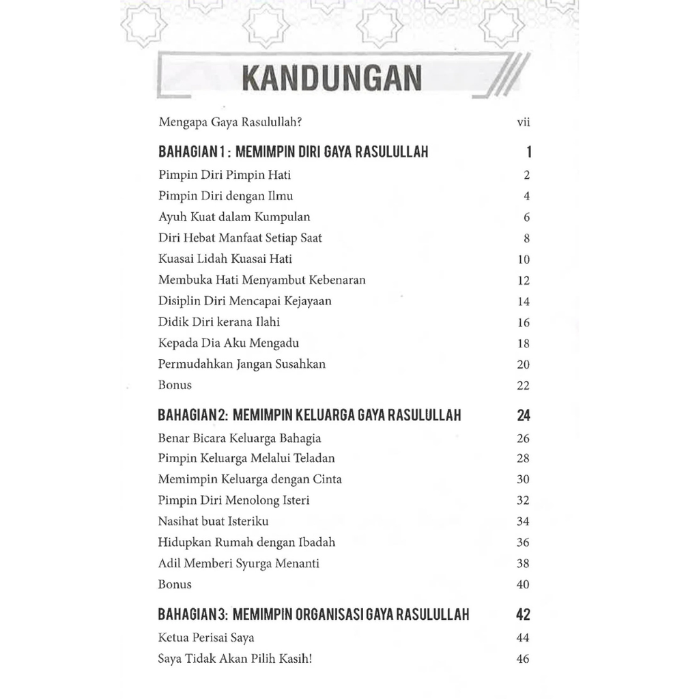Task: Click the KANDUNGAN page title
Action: coord(331,79)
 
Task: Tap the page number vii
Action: coord(524,123)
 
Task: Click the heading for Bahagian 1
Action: coord(294,152)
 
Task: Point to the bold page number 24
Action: coord(523,415)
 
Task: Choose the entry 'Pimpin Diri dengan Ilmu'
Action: coord(225,196)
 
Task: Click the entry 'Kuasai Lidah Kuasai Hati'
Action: coord(225,259)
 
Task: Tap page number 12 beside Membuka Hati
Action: coord(524,281)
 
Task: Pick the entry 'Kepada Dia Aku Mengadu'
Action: coord(229,343)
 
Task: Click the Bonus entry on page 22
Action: coord(175,385)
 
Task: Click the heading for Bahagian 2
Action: coord(309,415)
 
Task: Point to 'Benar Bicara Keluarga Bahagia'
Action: coord(240,438)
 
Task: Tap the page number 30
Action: coord(523,480)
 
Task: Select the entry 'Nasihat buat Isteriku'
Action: coord(213,522)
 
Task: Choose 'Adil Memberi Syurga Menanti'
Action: coord(239,564)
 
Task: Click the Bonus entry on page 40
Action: coord(175,584)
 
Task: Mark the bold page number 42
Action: coord(523,614)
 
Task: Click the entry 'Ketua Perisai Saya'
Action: coord(206,638)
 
